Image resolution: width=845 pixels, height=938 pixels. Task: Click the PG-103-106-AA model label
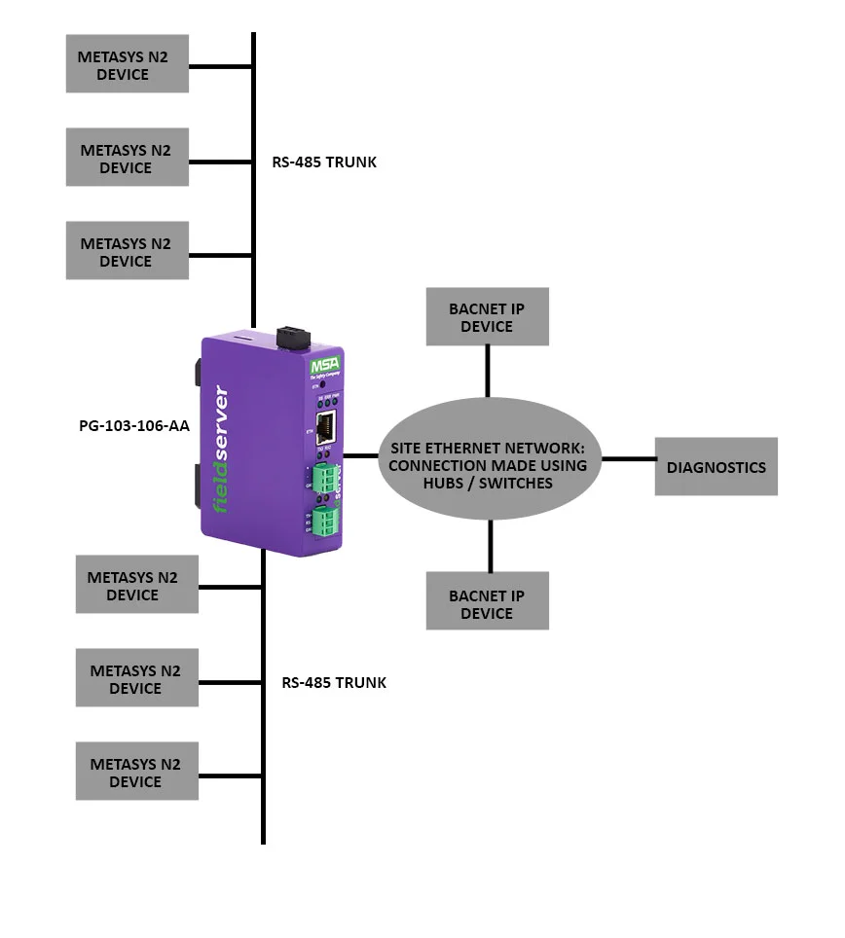click(x=133, y=425)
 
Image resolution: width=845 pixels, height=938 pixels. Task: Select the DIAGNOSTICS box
click(x=716, y=467)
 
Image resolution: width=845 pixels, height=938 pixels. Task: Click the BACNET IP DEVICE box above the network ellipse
click(x=487, y=316)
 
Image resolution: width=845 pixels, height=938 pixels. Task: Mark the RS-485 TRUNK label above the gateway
click(x=323, y=162)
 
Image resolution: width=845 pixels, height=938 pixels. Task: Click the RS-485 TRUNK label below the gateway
click(x=334, y=683)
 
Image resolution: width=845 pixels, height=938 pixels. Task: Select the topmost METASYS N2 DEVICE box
click(x=127, y=65)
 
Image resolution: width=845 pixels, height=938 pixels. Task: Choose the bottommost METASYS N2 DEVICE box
click(x=136, y=772)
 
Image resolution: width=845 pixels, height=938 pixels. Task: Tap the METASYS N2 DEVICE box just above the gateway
click(x=127, y=251)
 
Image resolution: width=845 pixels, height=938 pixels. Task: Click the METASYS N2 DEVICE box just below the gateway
click(x=136, y=585)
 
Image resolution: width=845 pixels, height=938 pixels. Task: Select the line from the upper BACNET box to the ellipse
click(x=488, y=370)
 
